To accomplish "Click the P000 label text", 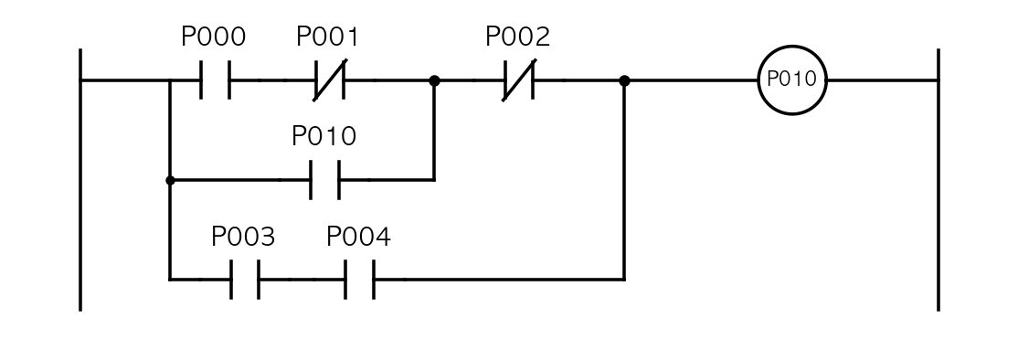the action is tap(213, 37).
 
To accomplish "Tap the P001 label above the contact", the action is tap(327, 37).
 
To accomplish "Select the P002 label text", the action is tap(517, 37).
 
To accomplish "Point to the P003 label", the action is tap(243, 237).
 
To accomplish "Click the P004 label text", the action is tap(358, 237).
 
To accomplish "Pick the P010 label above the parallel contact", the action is tap(324, 136).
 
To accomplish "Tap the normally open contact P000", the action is tap(215, 80).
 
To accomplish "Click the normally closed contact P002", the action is tap(519, 80).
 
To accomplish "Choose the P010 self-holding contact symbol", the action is tap(324, 180).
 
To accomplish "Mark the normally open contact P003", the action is tap(245, 280).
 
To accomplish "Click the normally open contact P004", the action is tap(360, 280).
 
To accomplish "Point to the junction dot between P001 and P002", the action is tap(434, 80).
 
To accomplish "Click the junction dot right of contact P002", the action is tap(624, 80).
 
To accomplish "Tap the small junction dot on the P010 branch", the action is tap(170, 180).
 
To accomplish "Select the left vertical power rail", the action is tap(80, 180).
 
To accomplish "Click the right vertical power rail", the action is tap(938, 180).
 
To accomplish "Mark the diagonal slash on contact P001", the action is tap(330, 80).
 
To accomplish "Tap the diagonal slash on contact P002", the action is tap(519, 80).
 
